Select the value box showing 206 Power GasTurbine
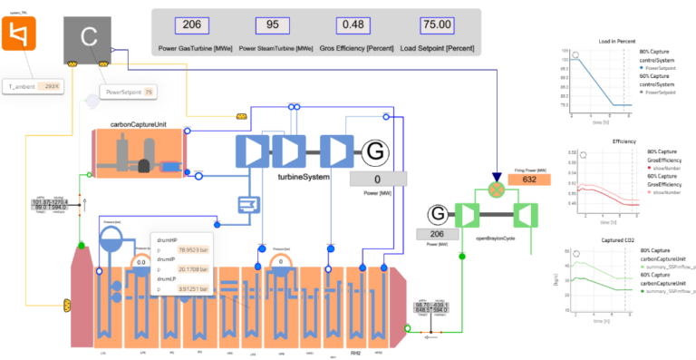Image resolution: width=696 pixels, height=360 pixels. tap(192, 26)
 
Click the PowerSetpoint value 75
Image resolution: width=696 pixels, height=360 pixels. tap(149, 92)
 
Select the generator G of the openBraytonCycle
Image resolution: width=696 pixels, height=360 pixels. tap(437, 214)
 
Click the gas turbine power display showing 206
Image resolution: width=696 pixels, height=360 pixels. tap(437, 234)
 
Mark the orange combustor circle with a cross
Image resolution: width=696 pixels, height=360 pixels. tap(495, 188)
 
